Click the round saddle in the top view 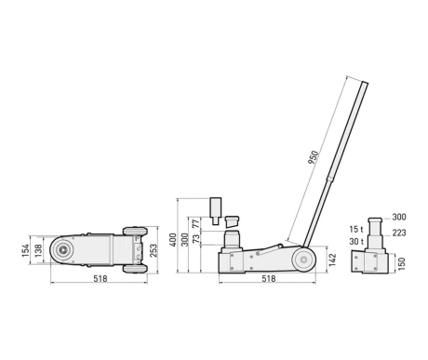click(x=62, y=249)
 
